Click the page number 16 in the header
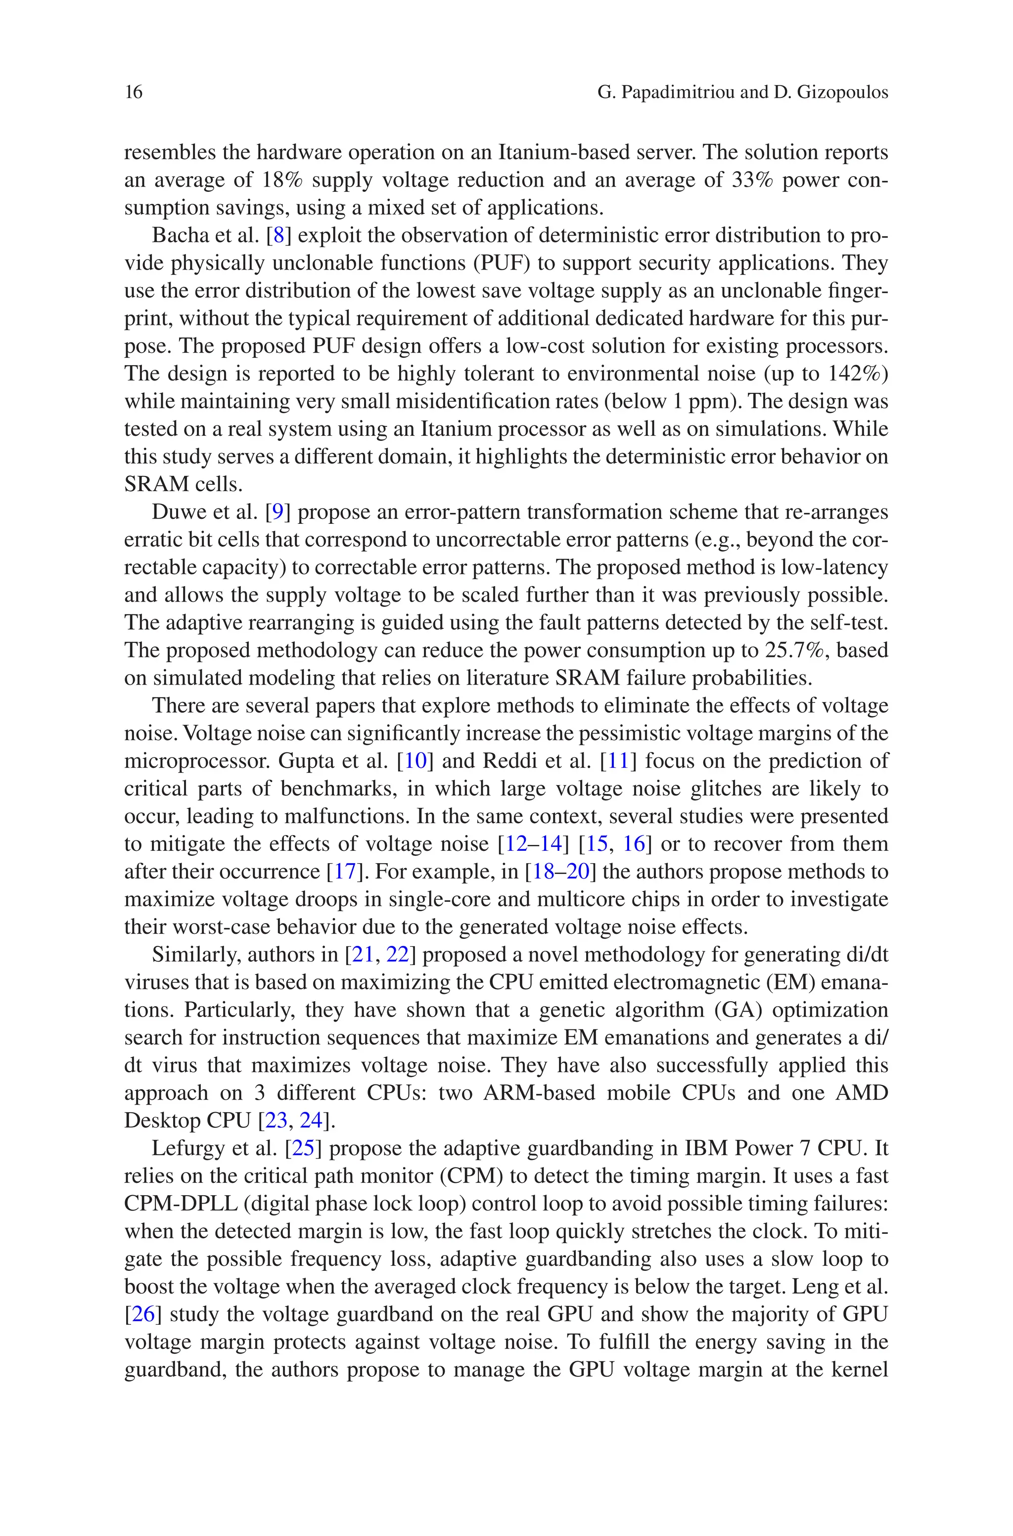point(133,93)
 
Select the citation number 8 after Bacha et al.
point(278,235)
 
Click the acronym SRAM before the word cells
point(155,484)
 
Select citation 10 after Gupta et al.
point(415,761)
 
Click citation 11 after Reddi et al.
point(618,761)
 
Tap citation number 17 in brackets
point(344,872)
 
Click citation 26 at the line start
point(143,1314)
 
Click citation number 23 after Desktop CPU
point(276,1120)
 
